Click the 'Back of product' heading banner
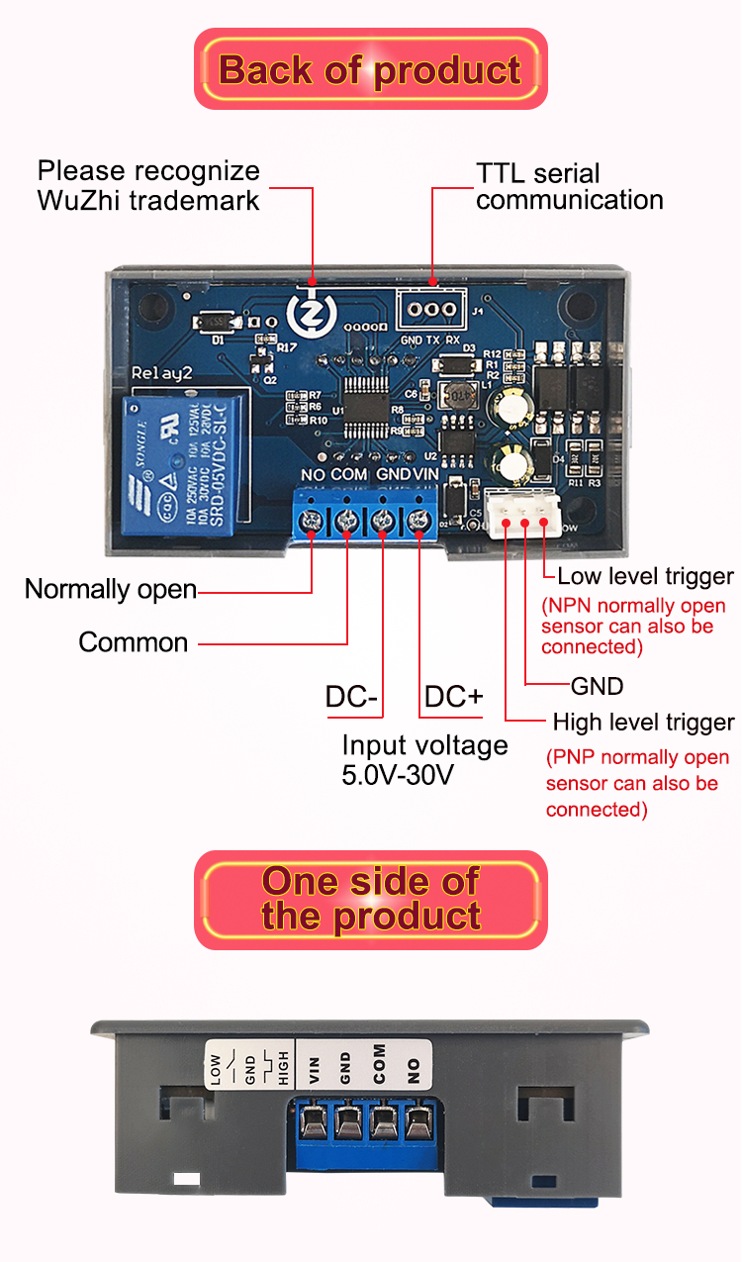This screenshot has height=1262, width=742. point(370,70)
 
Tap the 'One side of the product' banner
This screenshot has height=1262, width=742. point(370,899)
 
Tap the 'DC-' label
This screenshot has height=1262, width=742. point(351,697)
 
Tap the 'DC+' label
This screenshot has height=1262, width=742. point(453,697)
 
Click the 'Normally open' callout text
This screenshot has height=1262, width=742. point(111,589)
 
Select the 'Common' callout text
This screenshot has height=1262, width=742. point(134,642)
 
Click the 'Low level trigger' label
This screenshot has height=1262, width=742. point(645,576)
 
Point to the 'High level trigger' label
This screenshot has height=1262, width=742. point(643,722)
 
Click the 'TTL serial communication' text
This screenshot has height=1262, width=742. point(569,187)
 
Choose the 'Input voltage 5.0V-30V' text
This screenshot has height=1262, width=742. point(424,759)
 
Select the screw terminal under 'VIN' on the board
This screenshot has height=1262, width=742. point(419,521)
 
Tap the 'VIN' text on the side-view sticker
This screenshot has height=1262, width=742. point(315,1071)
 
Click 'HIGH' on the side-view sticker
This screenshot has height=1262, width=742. point(284,1068)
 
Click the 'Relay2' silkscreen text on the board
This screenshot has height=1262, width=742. point(163,372)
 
